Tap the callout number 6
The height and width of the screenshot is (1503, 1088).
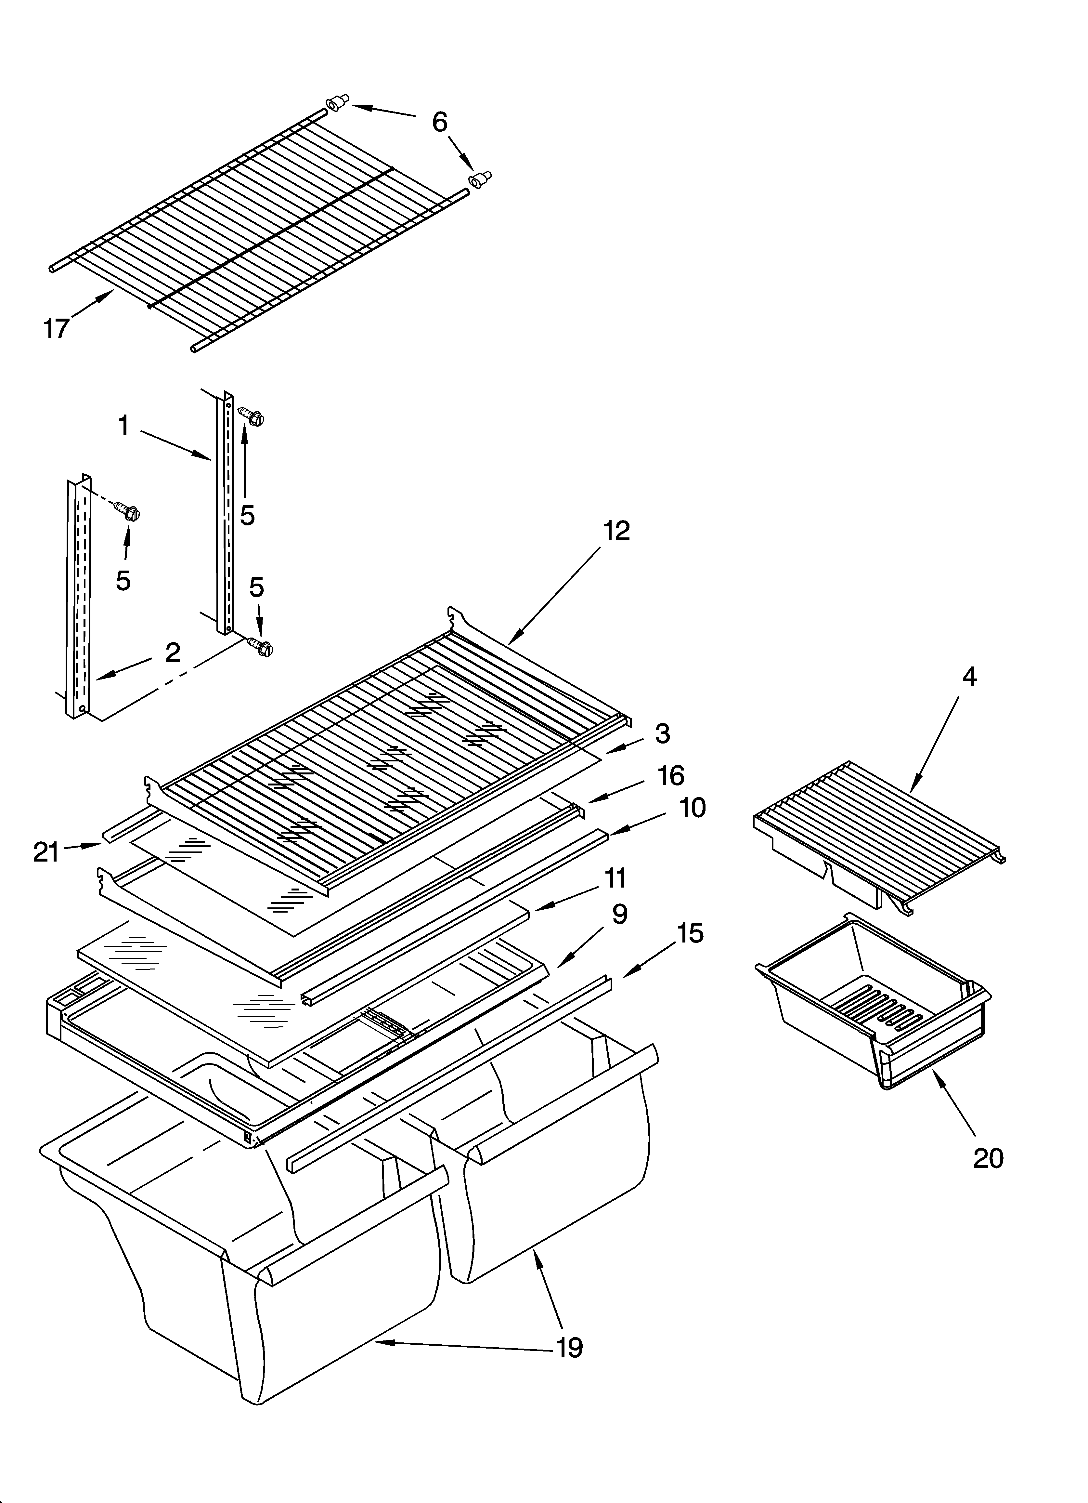[x=440, y=122]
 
